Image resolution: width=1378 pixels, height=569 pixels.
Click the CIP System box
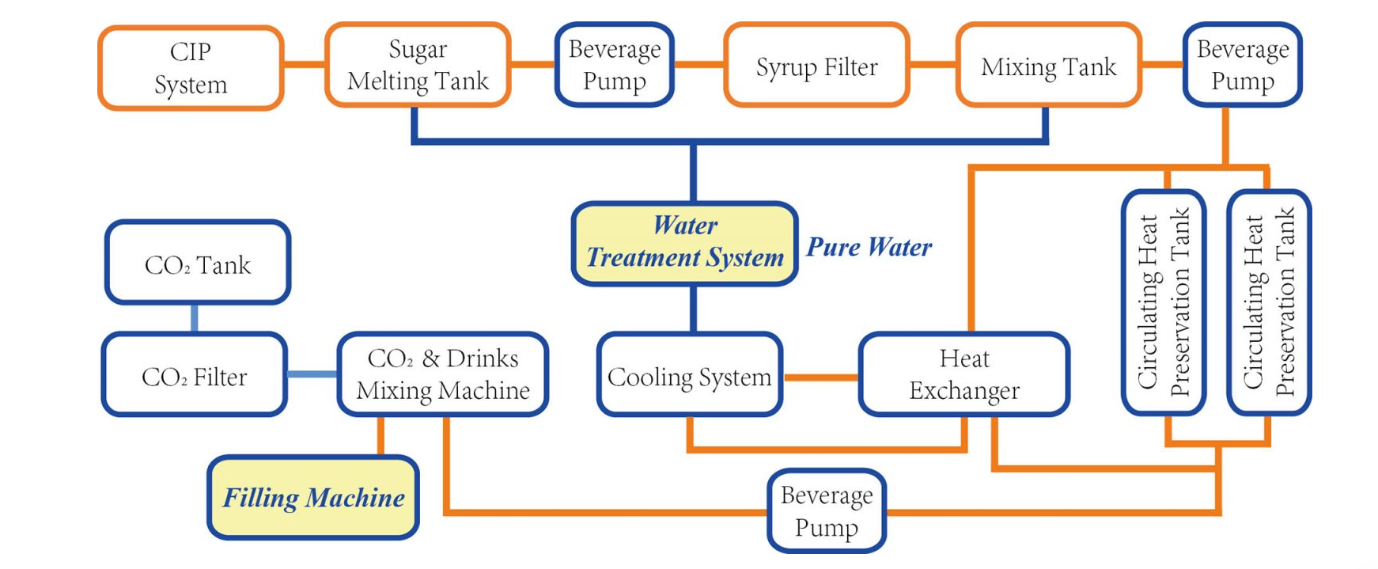[191, 67]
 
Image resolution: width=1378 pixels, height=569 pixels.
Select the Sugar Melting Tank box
[418, 65]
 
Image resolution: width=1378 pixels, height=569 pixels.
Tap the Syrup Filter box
[816, 66]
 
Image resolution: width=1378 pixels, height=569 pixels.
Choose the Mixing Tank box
[1048, 66]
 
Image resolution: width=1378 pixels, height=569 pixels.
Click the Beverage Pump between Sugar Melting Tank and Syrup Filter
[614, 65]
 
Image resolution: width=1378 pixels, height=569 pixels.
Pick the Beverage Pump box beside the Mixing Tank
[1242, 65]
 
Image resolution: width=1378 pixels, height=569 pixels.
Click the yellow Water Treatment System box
[684, 243]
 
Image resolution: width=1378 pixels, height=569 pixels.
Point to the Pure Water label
[869, 247]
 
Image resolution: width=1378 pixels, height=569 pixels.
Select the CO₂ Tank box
[198, 263]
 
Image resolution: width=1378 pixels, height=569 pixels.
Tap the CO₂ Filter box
[195, 375]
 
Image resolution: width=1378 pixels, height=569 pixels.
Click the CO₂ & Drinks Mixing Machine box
[443, 374]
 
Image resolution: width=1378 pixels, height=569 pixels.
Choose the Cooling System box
[689, 375]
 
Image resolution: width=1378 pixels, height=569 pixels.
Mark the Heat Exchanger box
[963, 374]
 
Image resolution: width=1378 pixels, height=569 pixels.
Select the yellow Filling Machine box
[313, 498]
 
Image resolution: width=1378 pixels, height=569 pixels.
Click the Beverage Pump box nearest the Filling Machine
[827, 511]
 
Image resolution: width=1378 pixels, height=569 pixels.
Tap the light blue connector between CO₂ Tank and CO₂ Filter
[195, 318]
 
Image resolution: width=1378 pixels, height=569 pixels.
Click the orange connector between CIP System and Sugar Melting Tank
[304, 64]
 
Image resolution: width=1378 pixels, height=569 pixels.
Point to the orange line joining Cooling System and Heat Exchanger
[820, 377]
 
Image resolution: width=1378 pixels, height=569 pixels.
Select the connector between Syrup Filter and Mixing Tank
[933, 64]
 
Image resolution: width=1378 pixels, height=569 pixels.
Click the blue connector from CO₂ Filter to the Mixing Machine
[312, 374]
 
